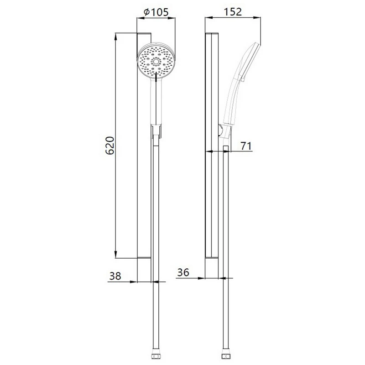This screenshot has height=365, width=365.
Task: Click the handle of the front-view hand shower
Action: pyautogui.click(x=156, y=100)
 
